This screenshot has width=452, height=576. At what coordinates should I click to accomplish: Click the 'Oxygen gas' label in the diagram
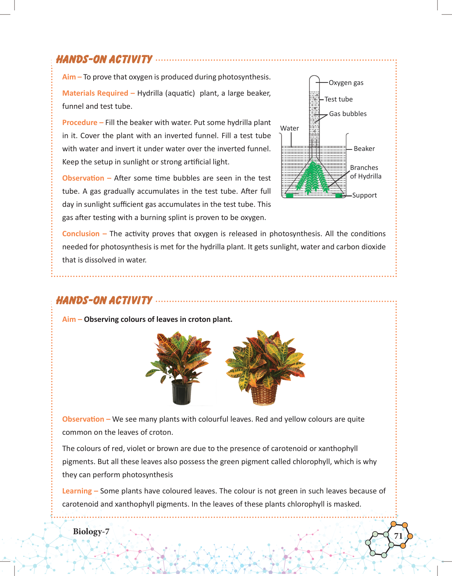click(x=346, y=83)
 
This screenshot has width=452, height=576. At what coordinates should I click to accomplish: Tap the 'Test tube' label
click(x=338, y=99)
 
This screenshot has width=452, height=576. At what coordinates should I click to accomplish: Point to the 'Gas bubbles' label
click(x=348, y=114)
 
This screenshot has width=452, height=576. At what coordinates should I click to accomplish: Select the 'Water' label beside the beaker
click(x=290, y=128)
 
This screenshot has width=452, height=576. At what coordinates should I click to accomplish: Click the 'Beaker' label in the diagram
click(x=364, y=149)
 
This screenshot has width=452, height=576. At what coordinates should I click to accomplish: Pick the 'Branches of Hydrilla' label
click(x=366, y=172)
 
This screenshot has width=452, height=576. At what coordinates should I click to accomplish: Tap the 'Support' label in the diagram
click(x=364, y=195)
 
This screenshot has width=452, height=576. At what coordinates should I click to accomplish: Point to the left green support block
click(x=290, y=196)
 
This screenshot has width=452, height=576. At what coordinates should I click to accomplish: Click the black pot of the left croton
click(x=182, y=392)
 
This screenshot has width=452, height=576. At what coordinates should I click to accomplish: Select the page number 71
click(x=398, y=536)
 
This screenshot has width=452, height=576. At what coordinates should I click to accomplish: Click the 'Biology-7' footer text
click(x=91, y=531)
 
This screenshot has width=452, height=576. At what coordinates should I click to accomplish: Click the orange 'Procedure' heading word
click(x=80, y=123)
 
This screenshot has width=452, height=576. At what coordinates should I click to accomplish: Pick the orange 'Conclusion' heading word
click(x=81, y=234)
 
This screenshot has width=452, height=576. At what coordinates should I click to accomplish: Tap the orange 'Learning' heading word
click(x=77, y=491)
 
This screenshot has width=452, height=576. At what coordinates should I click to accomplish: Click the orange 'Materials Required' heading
click(x=95, y=93)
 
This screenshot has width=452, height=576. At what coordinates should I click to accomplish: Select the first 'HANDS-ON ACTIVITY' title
click(x=104, y=59)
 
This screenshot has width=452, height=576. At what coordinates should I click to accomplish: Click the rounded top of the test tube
click(x=314, y=78)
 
